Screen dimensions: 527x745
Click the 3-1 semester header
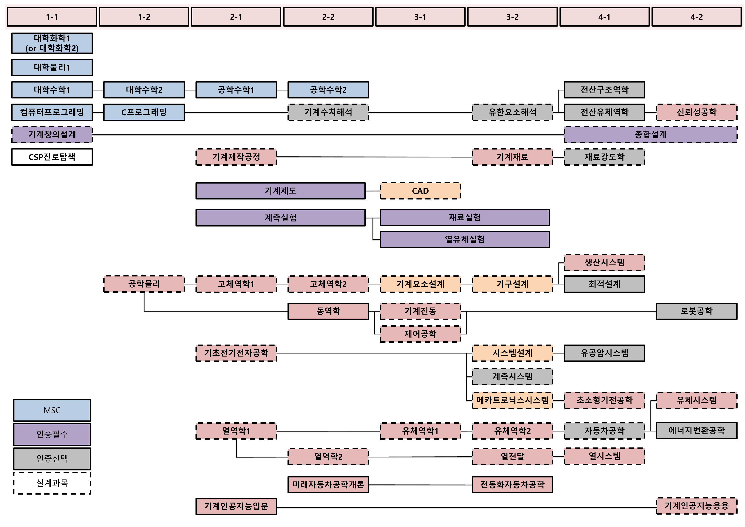(x=420, y=17)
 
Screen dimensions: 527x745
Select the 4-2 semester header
(x=696, y=17)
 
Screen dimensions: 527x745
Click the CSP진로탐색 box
(x=52, y=157)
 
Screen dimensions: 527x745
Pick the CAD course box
(x=420, y=191)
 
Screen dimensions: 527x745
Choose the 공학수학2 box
(x=328, y=90)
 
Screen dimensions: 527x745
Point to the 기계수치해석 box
(x=328, y=112)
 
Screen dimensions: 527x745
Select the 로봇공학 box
(x=696, y=311)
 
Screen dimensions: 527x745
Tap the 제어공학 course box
(x=420, y=334)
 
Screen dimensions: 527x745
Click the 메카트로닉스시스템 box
(x=512, y=400)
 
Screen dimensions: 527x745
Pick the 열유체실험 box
(x=465, y=240)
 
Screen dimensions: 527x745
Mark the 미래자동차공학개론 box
(x=328, y=485)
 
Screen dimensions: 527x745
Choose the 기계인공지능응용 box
(x=696, y=506)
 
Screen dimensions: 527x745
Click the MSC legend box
(x=52, y=410)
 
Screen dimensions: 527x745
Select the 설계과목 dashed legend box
(x=52, y=483)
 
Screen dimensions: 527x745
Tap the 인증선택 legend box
(x=52, y=459)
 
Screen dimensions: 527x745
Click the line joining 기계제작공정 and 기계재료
(x=373, y=157)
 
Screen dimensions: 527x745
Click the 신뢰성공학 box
(x=696, y=112)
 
